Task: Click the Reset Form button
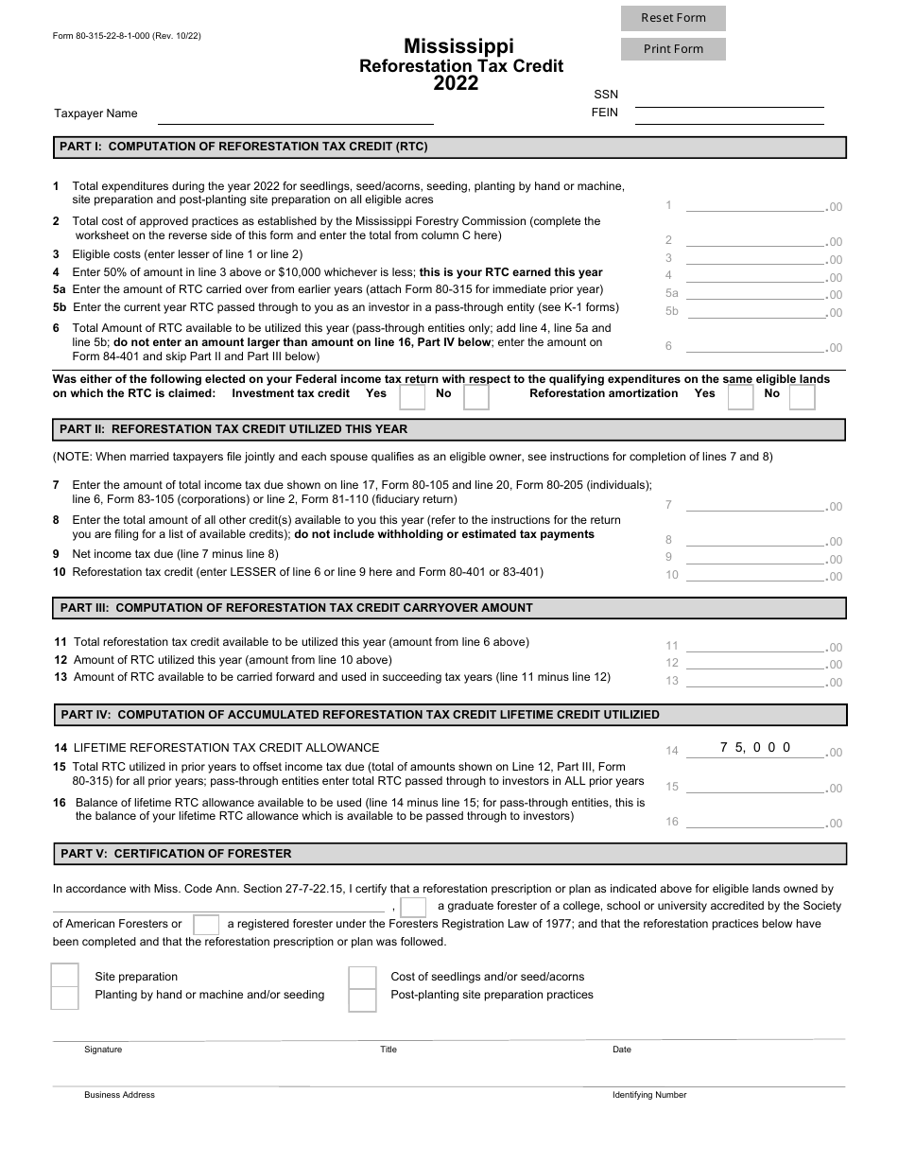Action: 673,18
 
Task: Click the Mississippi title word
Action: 459,45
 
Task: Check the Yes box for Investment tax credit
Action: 411,396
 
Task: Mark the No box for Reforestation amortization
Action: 802,396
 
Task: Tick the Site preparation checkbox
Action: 64,976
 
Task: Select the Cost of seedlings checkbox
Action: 362,977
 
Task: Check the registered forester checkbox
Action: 205,925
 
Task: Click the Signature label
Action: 103,1050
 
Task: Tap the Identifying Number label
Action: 649,1095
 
